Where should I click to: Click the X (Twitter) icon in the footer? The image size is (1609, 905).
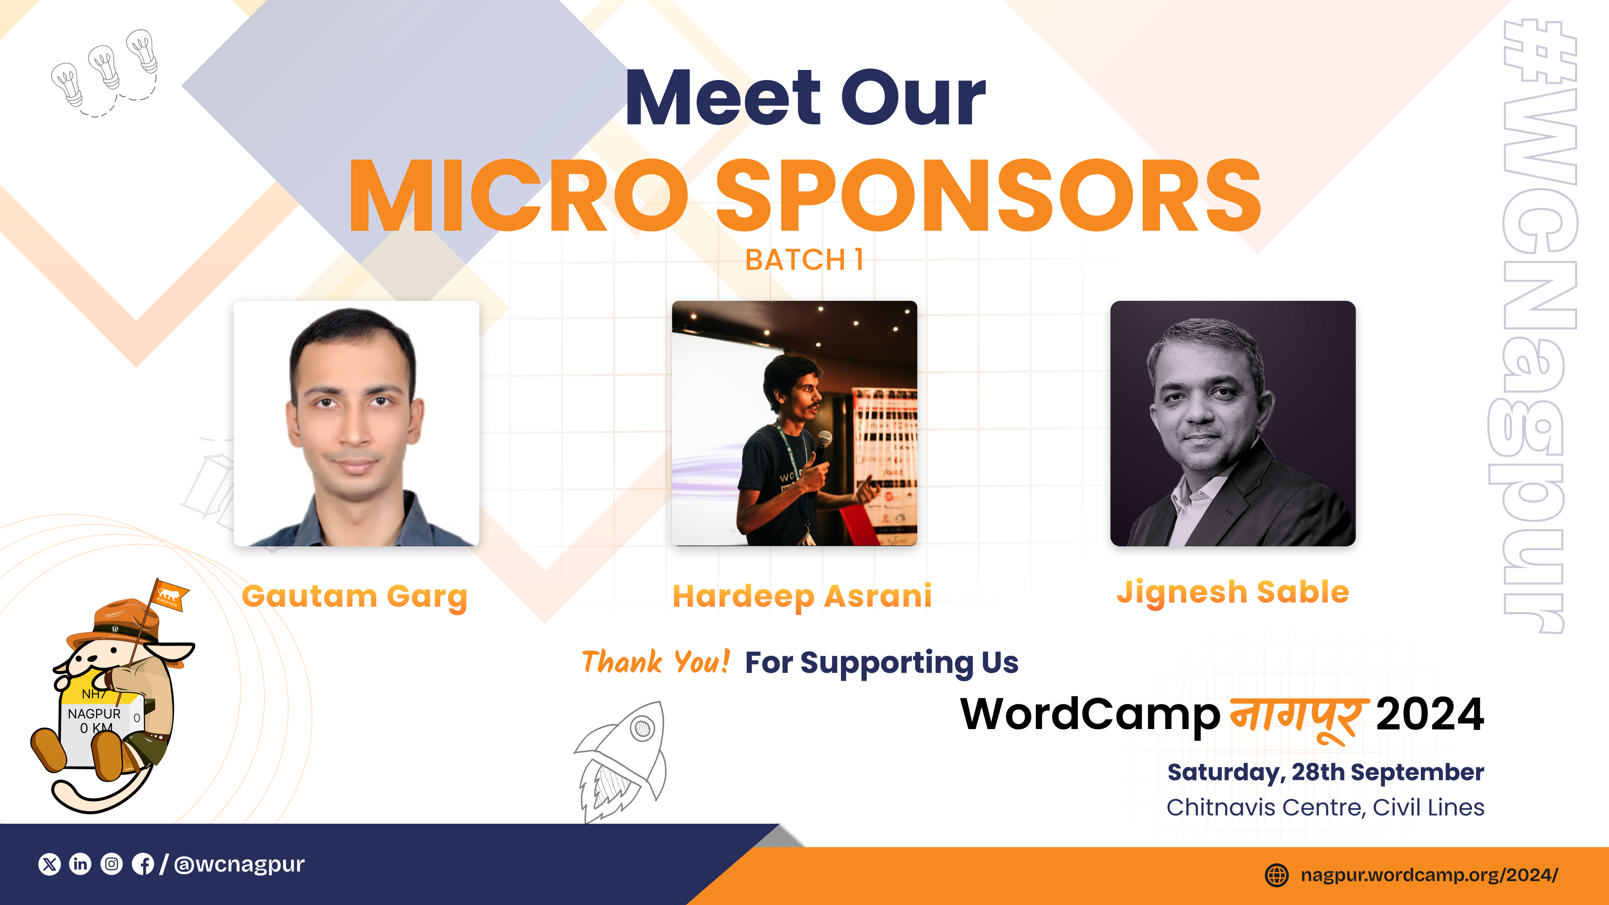(49, 864)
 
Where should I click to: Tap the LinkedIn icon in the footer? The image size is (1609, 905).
(80, 864)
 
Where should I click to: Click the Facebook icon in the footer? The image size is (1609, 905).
(143, 864)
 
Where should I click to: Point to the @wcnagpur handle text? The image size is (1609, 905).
(239, 864)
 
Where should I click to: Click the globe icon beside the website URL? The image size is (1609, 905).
(1277, 874)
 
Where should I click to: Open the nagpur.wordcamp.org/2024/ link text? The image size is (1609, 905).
(1429, 875)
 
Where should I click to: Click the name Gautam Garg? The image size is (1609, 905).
(355, 597)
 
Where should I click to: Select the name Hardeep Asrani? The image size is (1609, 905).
(802, 597)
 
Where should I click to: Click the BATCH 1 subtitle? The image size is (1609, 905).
(804, 260)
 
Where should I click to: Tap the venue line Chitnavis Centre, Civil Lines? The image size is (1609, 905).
(1325, 807)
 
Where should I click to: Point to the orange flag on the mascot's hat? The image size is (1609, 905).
(168, 594)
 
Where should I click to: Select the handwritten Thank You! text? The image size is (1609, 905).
(655, 662)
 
